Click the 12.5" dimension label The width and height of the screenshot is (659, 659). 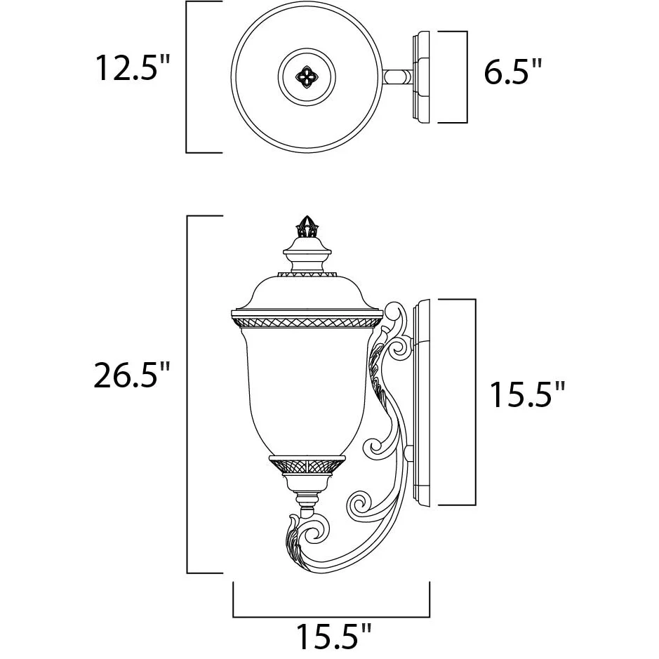[133, 67]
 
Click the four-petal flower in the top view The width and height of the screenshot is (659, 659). [307, 77]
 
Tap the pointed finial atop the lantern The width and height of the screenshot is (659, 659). [307, 226]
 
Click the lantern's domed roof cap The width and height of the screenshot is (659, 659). [307, 292]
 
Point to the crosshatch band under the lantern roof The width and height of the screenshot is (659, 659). [307, 322]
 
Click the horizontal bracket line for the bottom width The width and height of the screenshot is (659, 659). [331, 617]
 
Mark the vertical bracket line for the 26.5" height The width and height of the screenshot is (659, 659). [187, 394]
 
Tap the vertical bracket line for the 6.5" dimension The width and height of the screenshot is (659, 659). [467, 77]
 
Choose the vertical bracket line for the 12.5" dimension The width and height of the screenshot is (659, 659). [187, 77]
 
